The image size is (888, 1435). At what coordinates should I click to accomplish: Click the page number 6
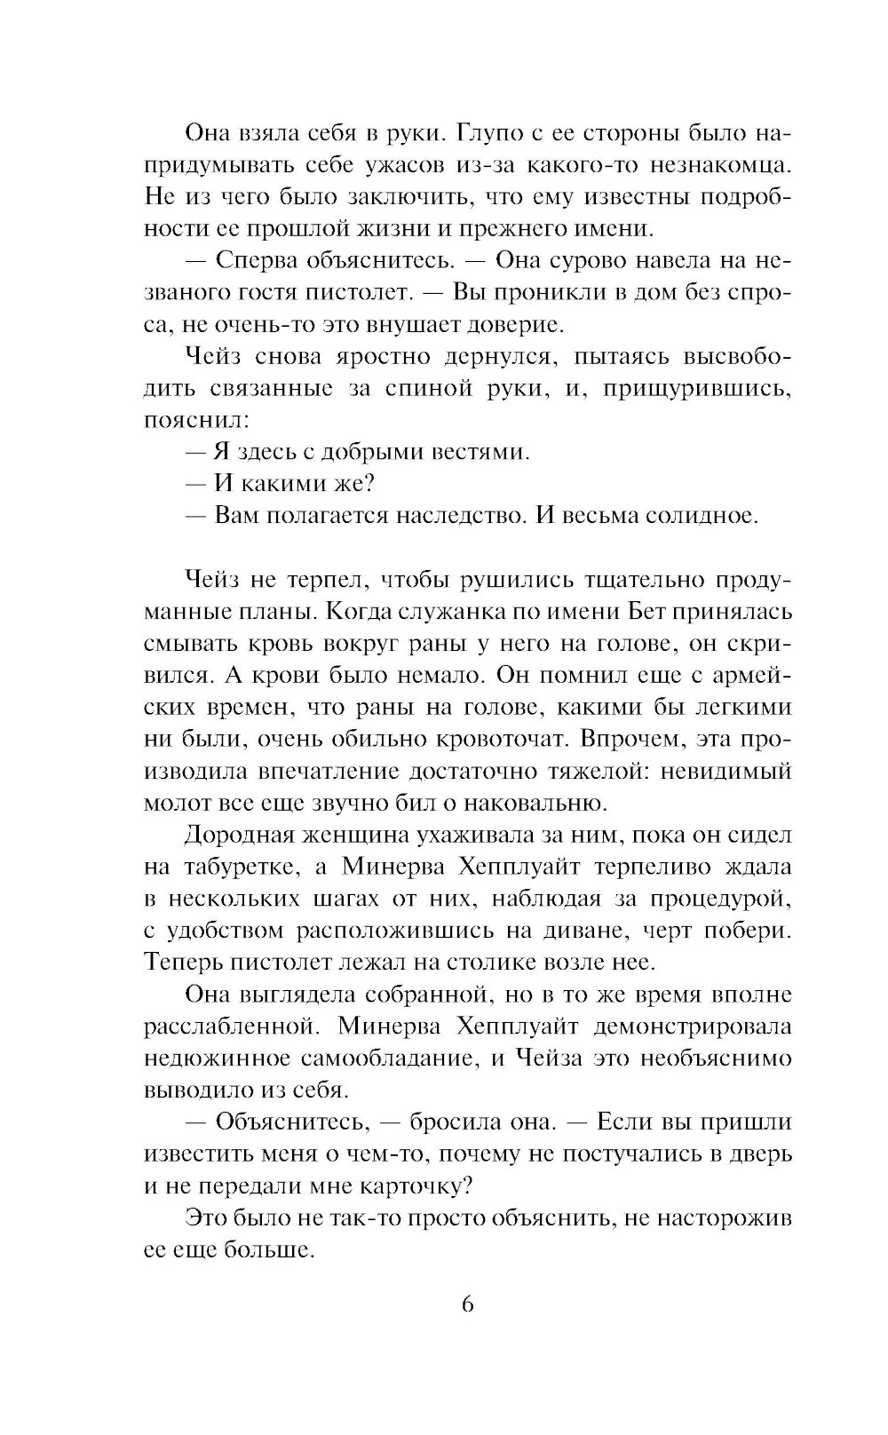point(468,1304)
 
